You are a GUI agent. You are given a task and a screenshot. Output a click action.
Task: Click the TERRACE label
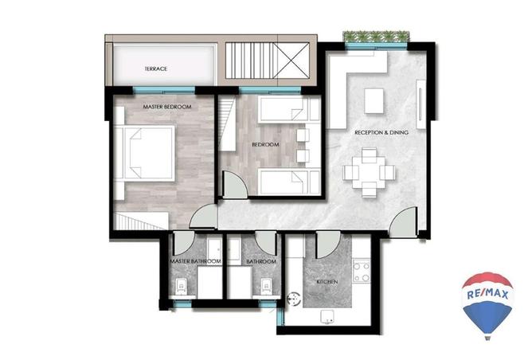tap(156, 68)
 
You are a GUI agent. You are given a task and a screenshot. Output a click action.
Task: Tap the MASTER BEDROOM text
tap(167, 107)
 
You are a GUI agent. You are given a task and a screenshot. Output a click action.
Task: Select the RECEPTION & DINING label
tap(381, 132)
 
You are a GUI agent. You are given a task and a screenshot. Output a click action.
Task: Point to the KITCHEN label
tap(327, 282)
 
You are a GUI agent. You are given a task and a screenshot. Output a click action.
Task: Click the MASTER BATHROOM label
tap(195, 261)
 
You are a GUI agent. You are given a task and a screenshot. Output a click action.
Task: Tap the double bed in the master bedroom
tap(145, 153)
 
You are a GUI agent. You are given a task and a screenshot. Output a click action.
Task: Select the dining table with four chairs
tap(369, 172)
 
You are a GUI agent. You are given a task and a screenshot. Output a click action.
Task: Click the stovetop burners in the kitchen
tap(362, 271)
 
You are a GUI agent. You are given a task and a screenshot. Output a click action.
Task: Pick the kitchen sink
tap(327, 317)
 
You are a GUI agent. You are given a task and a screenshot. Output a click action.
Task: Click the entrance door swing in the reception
tap(403, 222)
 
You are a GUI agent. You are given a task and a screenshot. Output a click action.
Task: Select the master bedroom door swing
tap(204, 217)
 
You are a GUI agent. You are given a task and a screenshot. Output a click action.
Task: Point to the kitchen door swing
tap(328, 245)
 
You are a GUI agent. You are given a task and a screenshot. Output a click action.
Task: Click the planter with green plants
tap(376, 37)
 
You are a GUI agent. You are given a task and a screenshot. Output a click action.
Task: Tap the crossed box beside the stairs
tap(294, 61)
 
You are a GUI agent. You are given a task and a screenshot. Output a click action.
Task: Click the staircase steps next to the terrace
tap(252, 61)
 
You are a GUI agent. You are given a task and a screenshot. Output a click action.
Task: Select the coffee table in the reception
tap(374, 101)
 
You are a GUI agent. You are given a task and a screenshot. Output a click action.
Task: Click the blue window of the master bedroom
tap(164, 91)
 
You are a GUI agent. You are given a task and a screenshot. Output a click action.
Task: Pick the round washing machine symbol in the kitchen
tap(294, 299)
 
